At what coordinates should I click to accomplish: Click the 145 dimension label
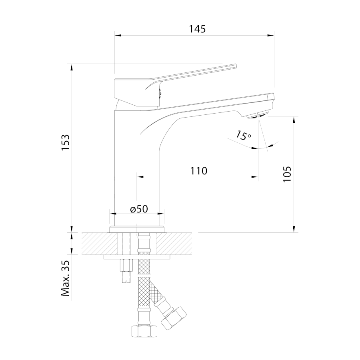[x=197, y=29]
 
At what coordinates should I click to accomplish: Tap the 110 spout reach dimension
[x=198, y=171]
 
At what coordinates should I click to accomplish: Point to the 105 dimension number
[x=287, y=174]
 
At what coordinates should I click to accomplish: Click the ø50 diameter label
[x=139, y=209]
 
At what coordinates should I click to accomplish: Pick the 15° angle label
[x=243, y=135]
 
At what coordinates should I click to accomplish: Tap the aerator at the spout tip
[x=258, y=115]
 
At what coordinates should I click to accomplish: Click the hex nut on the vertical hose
[x=145, y=331]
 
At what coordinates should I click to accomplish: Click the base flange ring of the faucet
[x=137, y=229]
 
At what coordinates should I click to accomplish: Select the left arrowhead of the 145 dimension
[x=118, y=36]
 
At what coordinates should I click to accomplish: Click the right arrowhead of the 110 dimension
[x=255, y=177]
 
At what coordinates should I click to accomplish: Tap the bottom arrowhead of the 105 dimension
[x=294, y=229]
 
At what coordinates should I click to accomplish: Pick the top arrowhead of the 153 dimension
[x=72, y=67]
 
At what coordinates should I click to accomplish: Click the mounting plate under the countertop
[x=137, y=257]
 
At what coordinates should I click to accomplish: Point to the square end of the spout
[x=271, y=98]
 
